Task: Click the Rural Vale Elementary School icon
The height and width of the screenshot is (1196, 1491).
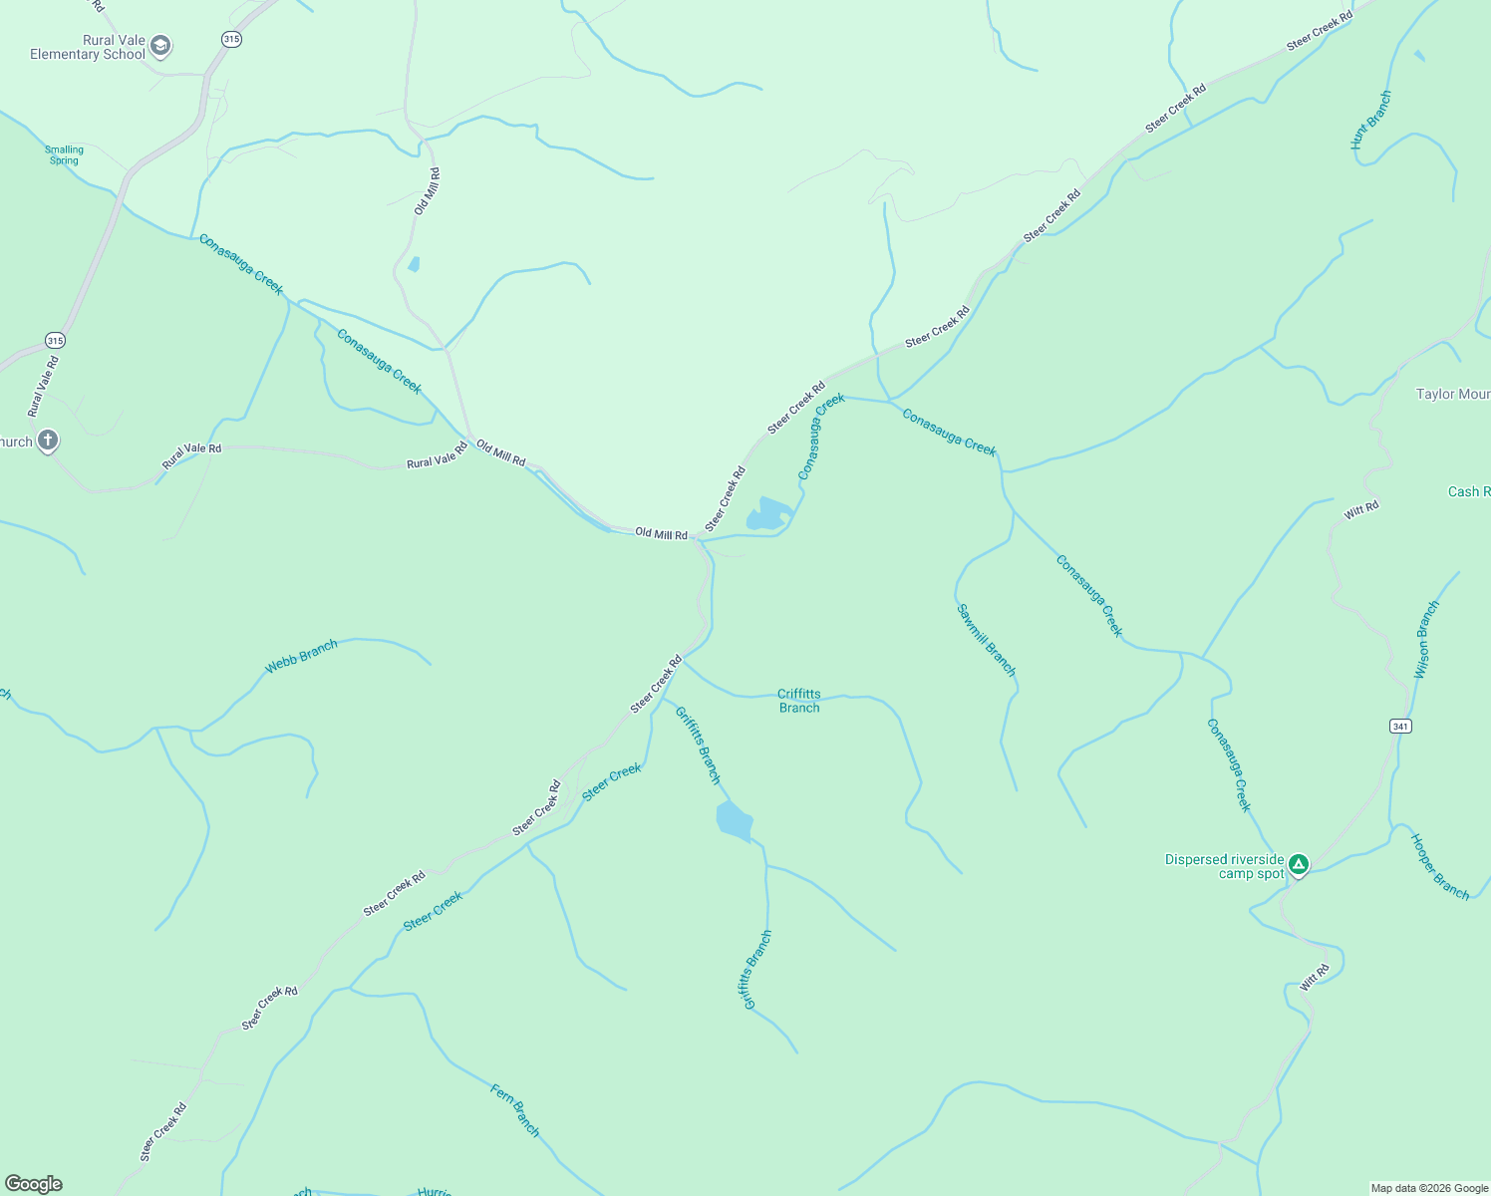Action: [x=160, y=46]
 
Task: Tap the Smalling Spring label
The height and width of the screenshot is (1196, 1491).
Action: [x=65, y=154]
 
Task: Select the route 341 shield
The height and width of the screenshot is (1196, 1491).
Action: [x=1400, y=727]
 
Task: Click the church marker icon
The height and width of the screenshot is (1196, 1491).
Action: [x=47, y=441]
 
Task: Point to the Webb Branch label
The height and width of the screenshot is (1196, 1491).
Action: [x=301, y=657]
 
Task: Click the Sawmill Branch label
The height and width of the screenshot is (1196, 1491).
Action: [x=986, y=640]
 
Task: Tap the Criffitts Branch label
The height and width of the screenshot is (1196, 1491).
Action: [x=799, y=701]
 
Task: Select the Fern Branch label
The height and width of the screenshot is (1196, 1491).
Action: [x=515, y=1110]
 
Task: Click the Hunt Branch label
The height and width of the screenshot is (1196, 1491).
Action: [x=1370, y=121]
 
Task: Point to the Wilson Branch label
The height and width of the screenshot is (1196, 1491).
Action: [x=1428, y=640]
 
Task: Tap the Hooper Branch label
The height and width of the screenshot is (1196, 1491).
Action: [x=1440, y=867]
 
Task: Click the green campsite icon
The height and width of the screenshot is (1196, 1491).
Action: [x=1298, y=864]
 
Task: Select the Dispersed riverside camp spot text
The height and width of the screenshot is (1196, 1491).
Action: [x=1225, y=866]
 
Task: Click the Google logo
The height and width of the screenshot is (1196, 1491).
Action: [x=34, y=1184]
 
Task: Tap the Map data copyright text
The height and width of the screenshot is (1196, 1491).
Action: [x=1429, y=1188]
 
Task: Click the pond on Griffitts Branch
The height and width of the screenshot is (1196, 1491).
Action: [x=735, y=821]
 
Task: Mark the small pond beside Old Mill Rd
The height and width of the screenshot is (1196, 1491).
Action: [x=414, y=264]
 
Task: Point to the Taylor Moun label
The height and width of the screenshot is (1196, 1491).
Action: [x=1453, y=395]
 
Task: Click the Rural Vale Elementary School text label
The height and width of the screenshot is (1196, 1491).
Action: [x=88, y=48]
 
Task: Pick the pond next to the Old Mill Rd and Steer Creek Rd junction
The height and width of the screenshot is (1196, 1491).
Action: [x=768, y=514]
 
